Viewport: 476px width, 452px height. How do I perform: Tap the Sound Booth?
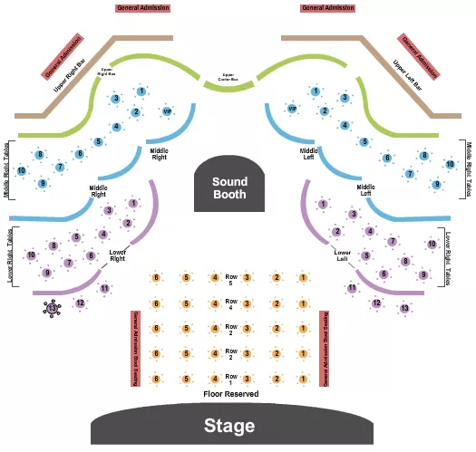click(x=229, y=188)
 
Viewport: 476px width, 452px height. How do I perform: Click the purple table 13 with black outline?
click(x=52, y=309)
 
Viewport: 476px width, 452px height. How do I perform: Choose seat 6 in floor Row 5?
click(x=157, y=277)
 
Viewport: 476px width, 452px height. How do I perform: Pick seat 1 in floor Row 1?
click(x=302, y=379)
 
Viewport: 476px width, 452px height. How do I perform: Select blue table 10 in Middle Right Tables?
click(x=22, y=170)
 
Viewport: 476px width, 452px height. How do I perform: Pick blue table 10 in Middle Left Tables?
click(x=450, y=164)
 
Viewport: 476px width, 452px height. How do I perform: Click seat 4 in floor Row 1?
click(x=215, y=379)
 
